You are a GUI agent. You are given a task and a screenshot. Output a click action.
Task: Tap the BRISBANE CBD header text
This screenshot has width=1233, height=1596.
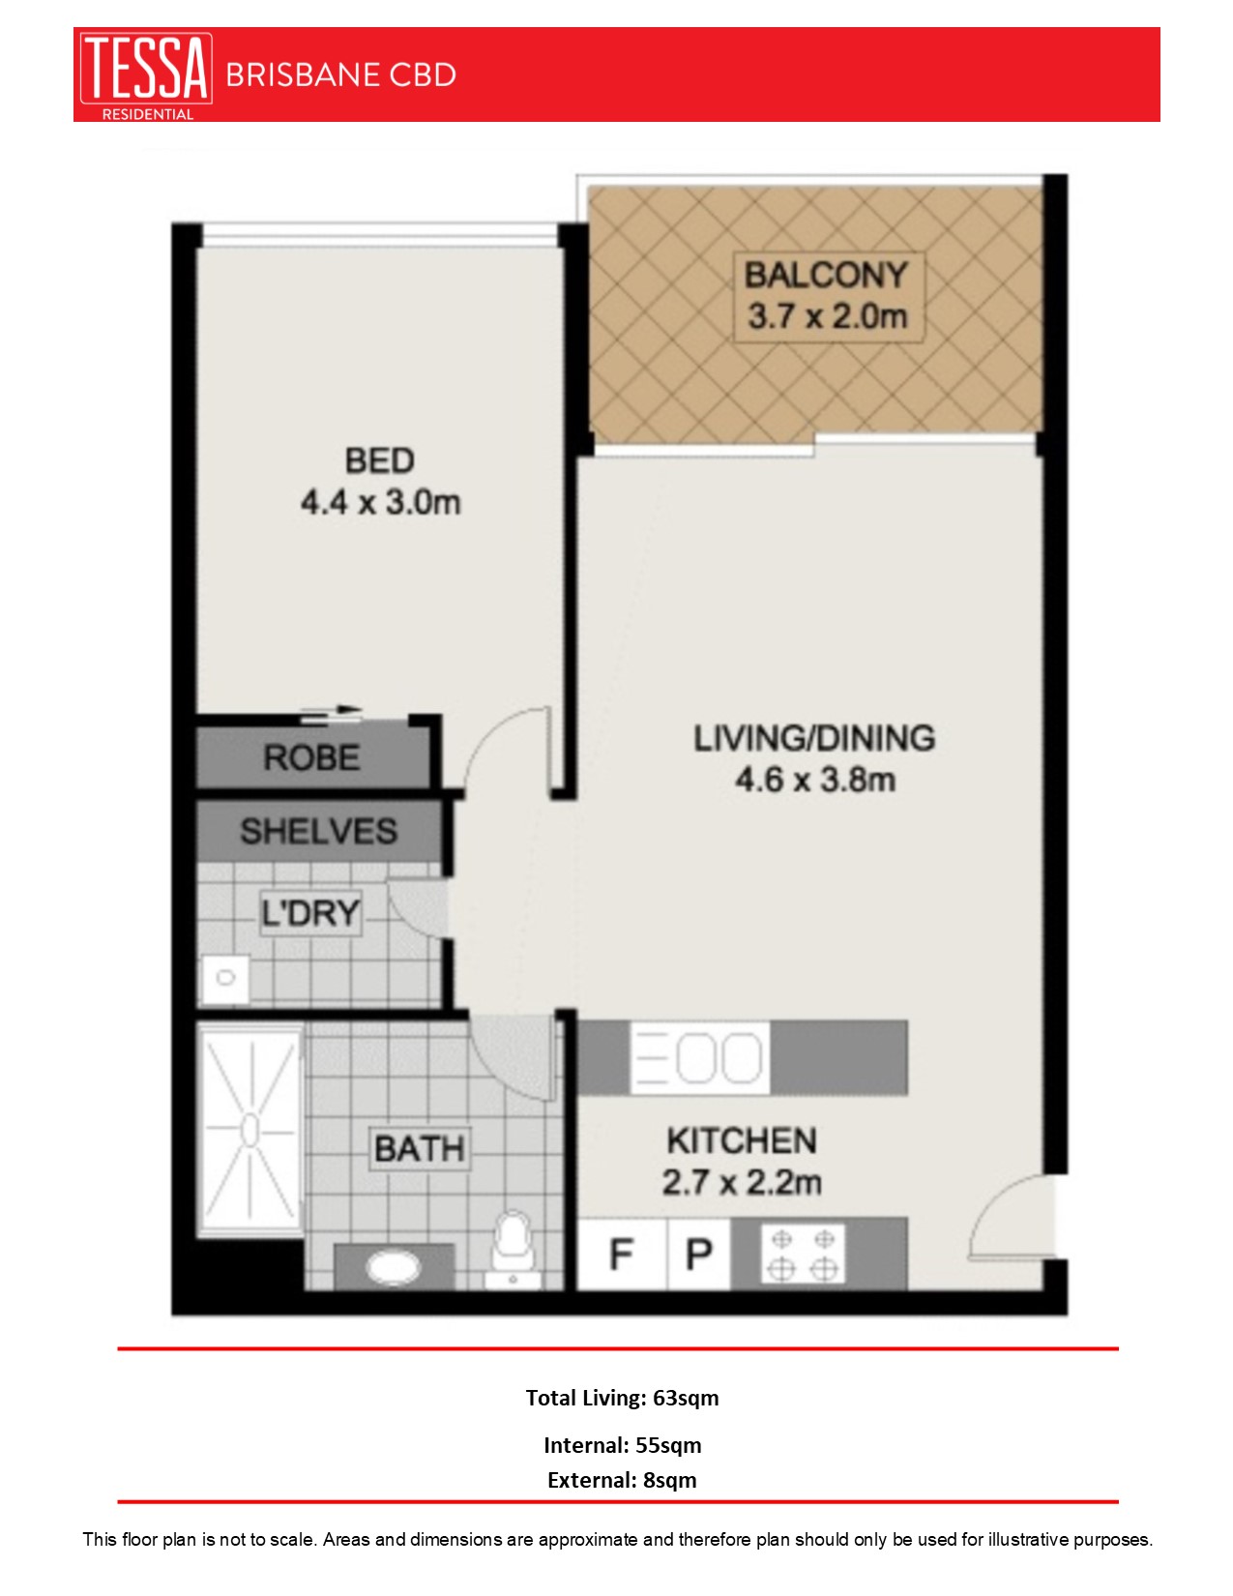click(x=340, y=75)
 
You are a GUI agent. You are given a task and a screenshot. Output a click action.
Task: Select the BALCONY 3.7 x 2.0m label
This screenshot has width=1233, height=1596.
click(x=827, y=296)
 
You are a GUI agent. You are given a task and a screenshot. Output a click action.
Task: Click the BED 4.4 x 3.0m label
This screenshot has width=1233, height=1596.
click(x=380, y=482)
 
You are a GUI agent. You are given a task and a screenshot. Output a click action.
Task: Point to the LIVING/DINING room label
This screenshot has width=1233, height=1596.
click(x=814, y=758)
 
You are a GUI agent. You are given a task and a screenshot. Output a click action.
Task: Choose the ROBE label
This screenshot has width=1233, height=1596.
click(x=311, y=757)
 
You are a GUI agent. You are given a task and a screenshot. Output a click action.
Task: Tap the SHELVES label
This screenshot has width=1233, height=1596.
click(x=318, y=831)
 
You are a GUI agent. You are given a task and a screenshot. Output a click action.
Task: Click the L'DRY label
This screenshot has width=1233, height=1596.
click(x=310, y=912)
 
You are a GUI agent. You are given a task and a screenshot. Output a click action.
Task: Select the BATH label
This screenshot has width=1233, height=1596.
click(x=420, y=1149)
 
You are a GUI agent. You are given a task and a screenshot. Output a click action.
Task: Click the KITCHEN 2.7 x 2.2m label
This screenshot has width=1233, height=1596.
click(x=742, y=1161)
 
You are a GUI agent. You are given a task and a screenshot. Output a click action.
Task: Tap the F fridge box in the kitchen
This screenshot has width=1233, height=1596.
click(x=622, y=1255)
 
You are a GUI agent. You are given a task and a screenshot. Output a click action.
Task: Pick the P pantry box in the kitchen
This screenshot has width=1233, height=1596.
click(x=698, y=1255)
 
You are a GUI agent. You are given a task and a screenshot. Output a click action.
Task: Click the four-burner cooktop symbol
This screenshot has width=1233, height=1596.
click(x=803, y=1255)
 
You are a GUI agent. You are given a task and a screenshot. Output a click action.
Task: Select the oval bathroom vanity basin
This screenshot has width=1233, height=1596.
click(x=392, y=1266)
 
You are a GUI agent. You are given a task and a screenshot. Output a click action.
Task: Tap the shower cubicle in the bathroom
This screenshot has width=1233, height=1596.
click(x=250, y=1130)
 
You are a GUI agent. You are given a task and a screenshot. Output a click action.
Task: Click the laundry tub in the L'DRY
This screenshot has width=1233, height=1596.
click(x=225, y=978)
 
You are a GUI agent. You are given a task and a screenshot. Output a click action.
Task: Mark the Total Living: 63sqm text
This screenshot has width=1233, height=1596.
click(x=622, y=1398)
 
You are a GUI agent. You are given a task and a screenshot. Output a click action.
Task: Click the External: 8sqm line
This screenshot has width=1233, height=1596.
click(x=622, y=1480)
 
